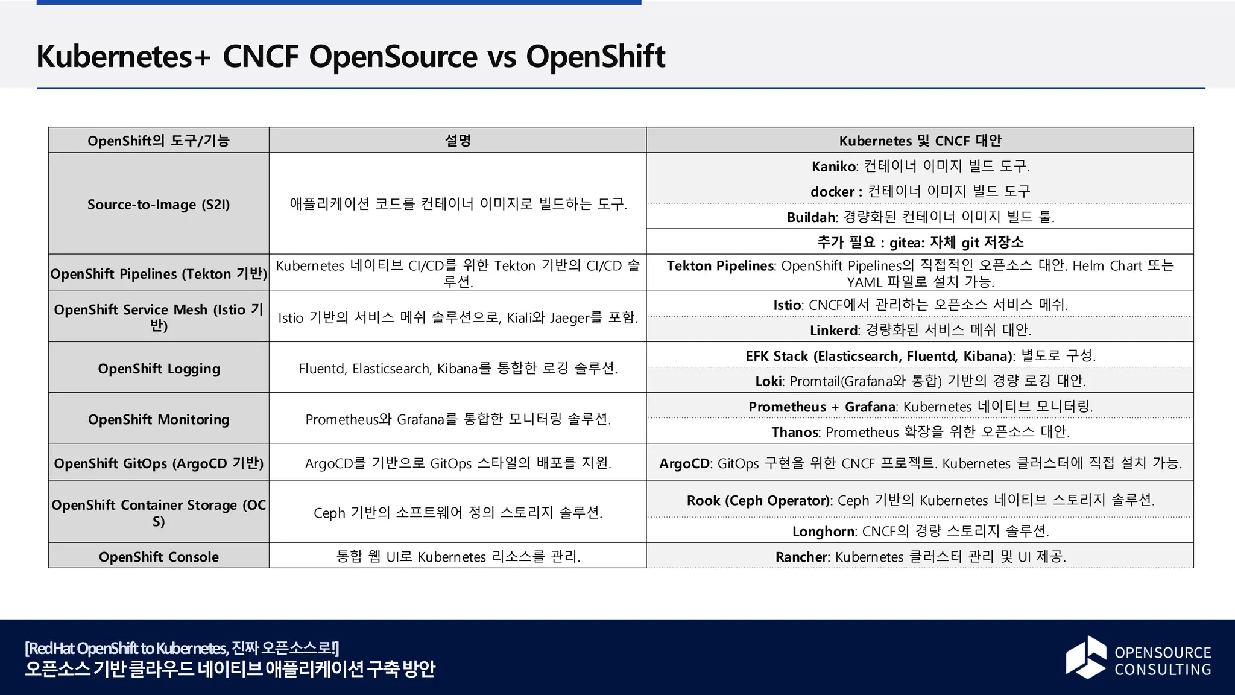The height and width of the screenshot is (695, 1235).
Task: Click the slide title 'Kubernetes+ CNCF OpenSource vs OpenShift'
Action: [350, 57]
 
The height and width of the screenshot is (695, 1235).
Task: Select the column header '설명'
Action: [458, 141]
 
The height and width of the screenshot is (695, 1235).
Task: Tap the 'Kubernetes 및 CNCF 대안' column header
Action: [920, 141]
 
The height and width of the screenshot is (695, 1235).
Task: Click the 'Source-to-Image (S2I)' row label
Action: [159, 205]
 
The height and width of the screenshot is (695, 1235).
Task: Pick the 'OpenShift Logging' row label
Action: [159, 369]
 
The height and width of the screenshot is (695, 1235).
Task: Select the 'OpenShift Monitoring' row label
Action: [159, 419]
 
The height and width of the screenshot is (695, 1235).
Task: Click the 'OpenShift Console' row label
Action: [159, 557]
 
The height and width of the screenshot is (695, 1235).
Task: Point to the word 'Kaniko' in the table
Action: [834, 167]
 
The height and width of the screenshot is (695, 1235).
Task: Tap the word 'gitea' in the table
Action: [906, 243]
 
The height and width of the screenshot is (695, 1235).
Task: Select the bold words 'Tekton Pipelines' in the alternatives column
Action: [720, 266]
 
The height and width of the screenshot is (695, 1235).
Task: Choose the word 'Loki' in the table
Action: [769, 381]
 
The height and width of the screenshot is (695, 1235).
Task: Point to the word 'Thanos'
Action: [795, 432]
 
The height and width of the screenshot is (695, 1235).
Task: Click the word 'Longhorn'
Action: [824, 532]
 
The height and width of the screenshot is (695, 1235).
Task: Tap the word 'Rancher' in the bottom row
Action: [801, 557]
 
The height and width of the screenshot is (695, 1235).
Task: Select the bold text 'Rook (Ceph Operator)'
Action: [759, 501]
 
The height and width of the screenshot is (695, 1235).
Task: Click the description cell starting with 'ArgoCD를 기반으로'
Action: [458, 463]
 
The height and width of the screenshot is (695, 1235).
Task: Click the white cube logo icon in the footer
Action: [1086, 657]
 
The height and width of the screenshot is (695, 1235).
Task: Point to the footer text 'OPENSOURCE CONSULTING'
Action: [1163, 661]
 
